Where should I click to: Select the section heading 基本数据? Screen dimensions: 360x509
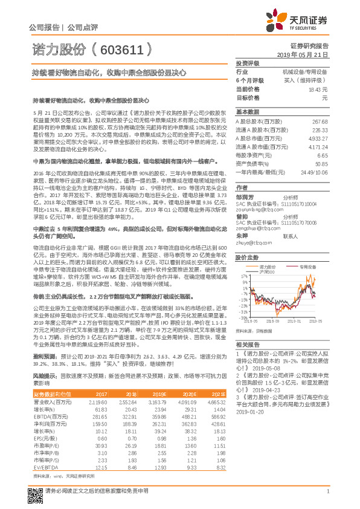pos(248,112)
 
